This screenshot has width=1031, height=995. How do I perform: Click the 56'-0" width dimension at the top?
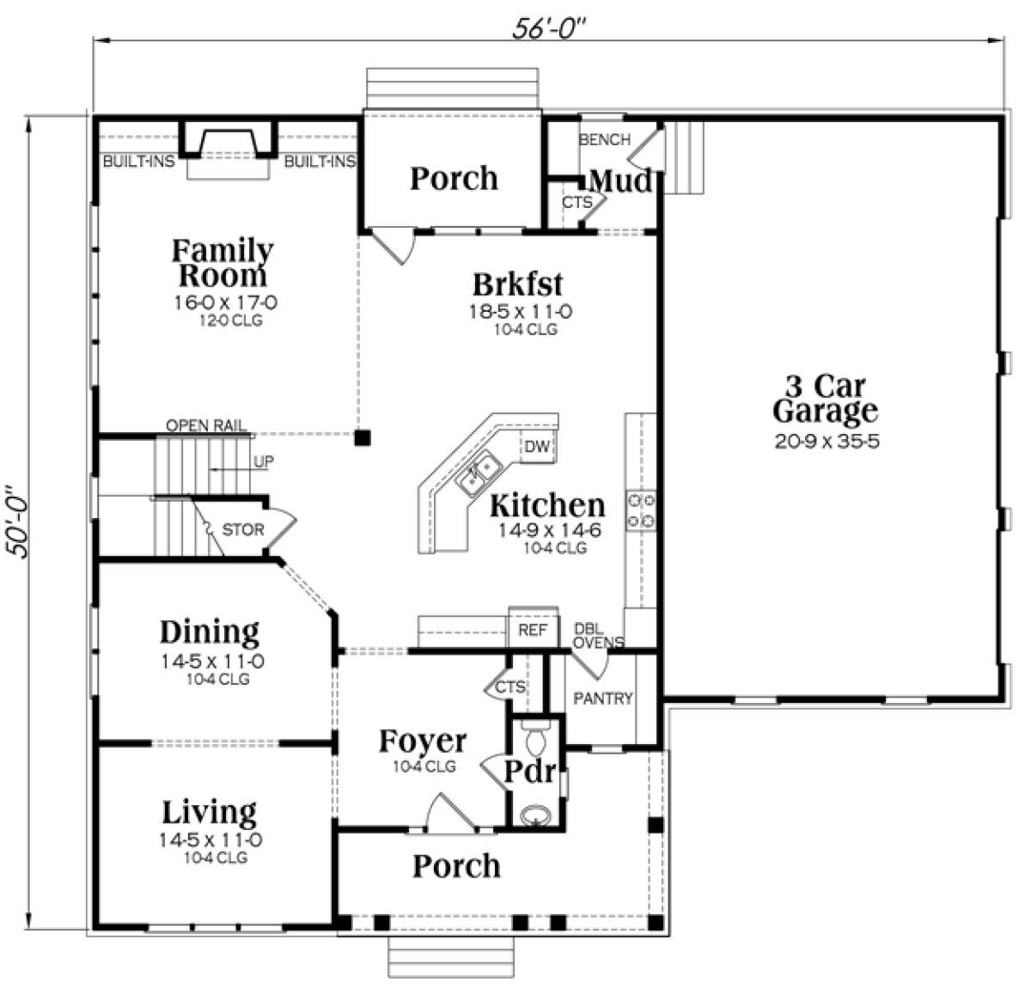coord(549,27)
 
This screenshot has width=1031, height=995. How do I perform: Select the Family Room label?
coord(223,262)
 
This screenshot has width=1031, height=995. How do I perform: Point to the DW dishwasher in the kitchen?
coord(537,446)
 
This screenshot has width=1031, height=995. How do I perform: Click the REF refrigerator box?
coord(533,630)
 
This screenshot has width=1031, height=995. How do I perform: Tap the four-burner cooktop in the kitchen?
coord(641,510)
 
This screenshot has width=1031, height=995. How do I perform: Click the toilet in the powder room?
coord(536,738)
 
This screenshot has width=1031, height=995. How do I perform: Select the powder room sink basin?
coord(536,815)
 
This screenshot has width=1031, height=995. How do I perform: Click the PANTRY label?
coord(603,699)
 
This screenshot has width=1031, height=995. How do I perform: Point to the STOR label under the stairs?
coord(242,529)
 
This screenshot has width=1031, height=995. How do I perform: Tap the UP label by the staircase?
coord(263,461)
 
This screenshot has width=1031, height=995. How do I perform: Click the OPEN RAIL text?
coord(206,425)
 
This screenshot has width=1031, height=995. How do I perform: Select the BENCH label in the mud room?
coord(605,139)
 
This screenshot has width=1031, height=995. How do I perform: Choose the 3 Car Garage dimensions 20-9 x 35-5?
coord(827,441)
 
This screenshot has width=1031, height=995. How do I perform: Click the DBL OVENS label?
coord(598,635)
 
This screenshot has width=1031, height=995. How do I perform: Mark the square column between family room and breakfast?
coord(363,437)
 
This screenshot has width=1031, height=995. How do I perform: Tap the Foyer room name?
coord(423,742)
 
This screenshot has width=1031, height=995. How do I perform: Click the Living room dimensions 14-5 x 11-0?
coord(210,839)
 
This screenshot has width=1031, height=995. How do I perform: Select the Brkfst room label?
coord(517,284)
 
